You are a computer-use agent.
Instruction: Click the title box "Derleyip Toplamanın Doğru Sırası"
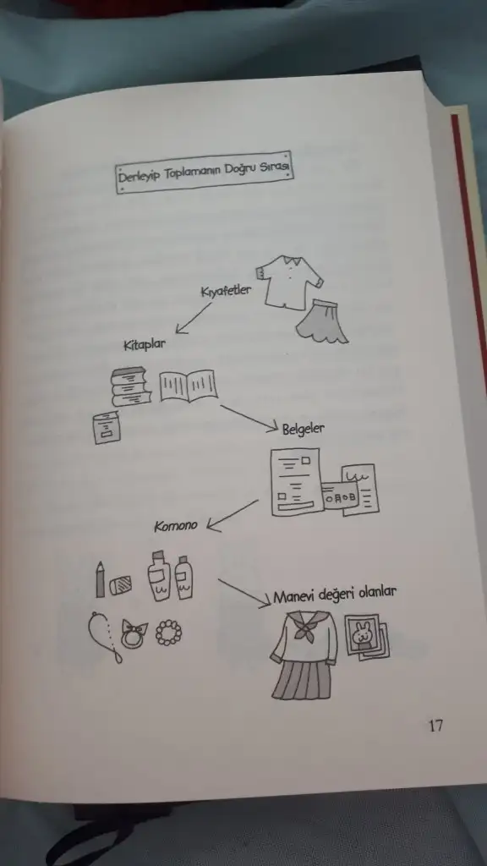point(205,172)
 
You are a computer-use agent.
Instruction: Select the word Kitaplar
point(144,345)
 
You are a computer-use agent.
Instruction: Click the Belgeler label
point(304,429)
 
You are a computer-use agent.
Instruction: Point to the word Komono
point(176,525)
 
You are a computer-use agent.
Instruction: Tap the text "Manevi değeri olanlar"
point(335,595)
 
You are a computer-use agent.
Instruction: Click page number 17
point(435,725)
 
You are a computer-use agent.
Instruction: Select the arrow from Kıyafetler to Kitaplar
point(194,318)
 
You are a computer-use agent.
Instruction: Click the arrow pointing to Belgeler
point(249,419)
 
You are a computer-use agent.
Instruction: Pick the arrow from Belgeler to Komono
point(233,516)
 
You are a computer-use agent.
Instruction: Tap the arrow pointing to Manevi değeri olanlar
point(244,593)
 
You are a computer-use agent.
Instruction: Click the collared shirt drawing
point(288,281)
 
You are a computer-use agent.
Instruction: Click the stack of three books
point(131,386)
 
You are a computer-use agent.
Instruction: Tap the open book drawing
point(189,386)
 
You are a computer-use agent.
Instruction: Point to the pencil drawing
point(100,579)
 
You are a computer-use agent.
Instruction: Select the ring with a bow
point(134,634)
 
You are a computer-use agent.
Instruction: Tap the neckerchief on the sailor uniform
point(304,626)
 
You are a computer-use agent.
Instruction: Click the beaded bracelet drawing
point(168,633)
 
